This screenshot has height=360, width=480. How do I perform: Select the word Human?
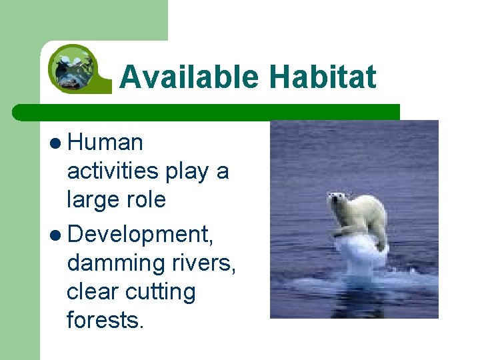click(x=105, y=142)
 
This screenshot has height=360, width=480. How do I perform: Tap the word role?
click(x=147, y=199)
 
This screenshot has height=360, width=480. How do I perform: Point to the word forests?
click(x=105, y=321)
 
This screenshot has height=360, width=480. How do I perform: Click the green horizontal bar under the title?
click(x=207, y=112)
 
